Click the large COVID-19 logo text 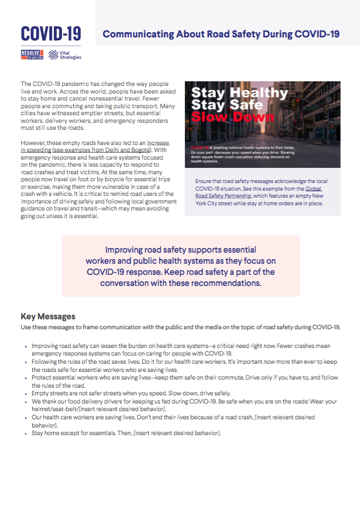pos(51,34)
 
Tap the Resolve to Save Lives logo pos(32,56)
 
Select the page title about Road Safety pos(221,34)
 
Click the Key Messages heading pos(48,316)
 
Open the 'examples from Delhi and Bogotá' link pos(93,150)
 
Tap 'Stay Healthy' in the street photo pos(239,93)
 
